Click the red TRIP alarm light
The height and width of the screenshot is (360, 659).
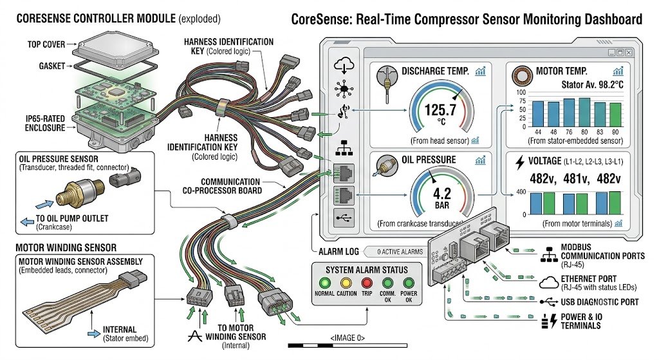367,283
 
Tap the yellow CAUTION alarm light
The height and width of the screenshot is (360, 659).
346,283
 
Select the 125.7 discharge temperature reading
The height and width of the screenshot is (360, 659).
440,110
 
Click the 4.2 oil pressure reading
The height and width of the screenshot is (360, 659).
441,194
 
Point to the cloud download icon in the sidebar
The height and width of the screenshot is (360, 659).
344,66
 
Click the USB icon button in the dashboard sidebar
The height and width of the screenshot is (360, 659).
344,218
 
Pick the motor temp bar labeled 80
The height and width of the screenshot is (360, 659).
584,112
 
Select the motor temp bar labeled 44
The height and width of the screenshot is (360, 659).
538,113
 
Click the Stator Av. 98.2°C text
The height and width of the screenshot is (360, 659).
592,85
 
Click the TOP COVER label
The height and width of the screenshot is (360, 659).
46,44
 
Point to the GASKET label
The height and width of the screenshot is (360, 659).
51,66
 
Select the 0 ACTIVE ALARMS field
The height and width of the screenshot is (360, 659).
400,252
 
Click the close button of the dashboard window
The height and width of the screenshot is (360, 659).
629,53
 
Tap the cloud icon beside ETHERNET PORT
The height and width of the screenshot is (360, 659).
548,283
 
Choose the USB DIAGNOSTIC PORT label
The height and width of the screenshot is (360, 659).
600,302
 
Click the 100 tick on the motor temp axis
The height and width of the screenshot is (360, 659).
521,92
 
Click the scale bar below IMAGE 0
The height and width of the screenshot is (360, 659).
348,346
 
